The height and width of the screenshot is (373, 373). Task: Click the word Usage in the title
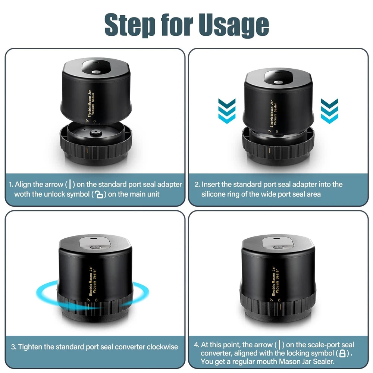coord(234,25)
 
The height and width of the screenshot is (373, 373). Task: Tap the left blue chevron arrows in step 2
coord(227,111)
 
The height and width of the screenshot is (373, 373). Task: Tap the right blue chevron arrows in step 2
coord(329,111)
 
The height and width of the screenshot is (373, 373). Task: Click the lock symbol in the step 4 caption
coord(342,354)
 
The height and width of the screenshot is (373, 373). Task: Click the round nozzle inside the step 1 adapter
coord(96,132)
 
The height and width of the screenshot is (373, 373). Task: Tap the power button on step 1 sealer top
coord(96,72)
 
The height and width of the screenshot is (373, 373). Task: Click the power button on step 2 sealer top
coord(278,82)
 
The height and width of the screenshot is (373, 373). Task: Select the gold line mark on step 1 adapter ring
coord(87,150)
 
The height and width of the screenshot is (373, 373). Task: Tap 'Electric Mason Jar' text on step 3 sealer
coord(90,281)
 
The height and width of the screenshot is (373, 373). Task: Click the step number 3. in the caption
coord(13,347)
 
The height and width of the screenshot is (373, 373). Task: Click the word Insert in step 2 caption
coord(210,184)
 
